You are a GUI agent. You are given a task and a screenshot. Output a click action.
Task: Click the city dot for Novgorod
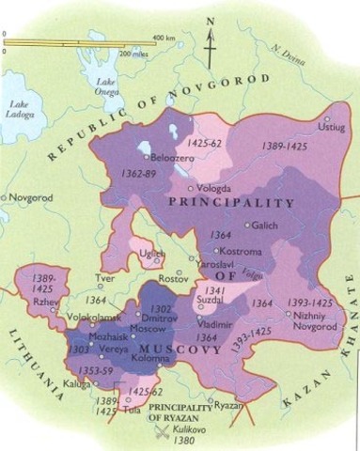[5, 197]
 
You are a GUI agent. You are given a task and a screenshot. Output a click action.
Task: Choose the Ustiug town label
[333, 125]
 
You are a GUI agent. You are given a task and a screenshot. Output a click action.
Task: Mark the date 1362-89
[141, 176]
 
